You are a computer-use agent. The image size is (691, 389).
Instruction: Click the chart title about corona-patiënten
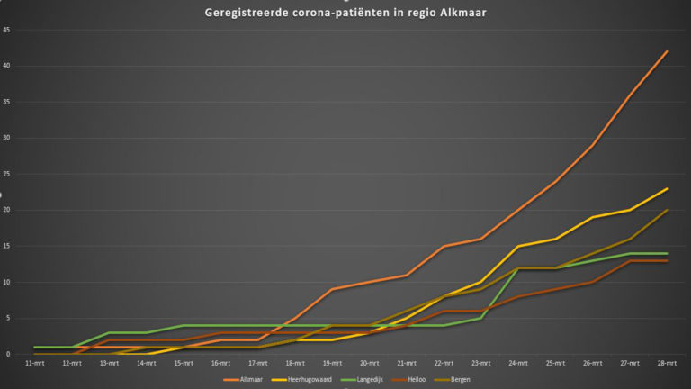[x=345, y=12]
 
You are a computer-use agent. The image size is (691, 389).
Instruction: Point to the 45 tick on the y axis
[x=7, y=31]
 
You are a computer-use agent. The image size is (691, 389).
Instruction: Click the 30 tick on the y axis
[x=7, y=139]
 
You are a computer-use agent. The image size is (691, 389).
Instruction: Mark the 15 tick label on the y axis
[x=7, y=247]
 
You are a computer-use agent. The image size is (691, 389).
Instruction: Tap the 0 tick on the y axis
[x=8, y=354]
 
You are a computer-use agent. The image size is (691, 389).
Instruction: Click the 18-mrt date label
[x=295, y=363]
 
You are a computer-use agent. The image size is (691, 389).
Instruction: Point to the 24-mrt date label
[x=516, y=363]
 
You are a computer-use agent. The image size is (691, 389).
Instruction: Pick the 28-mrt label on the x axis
[x=665, y=363]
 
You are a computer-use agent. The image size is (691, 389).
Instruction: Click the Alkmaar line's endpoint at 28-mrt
[x=666, y=52]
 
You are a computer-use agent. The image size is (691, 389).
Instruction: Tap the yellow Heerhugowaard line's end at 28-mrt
[x=666, y=189]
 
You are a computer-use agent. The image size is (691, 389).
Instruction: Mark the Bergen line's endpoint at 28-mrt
[x=666, y=211]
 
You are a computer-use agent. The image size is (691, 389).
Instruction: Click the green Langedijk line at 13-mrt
[x=109, y=333]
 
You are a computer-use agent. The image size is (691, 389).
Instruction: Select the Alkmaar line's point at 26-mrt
[x=591, y=145]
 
